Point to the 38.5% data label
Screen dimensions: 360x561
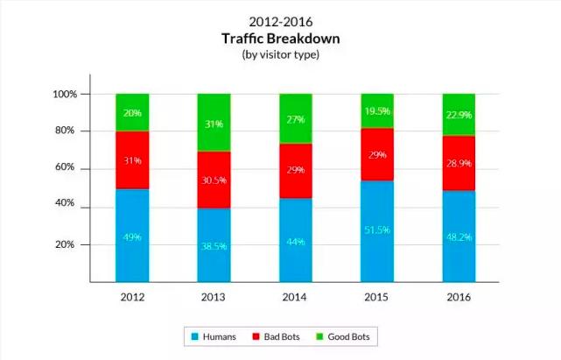(x=213, y=246)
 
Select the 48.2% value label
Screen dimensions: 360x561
(x=458, y=236)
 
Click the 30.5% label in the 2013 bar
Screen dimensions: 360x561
(x=213, y=180)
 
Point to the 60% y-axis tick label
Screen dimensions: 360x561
(x=67, y=168)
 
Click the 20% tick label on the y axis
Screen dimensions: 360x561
(x=67, y=244)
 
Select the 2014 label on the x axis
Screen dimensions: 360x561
(x=294, y=297)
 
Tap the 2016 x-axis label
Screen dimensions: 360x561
(x=458, y=297)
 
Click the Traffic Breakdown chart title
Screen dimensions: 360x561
(x=280, y=39)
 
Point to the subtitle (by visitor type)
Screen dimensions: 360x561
(x=280, y=54)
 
